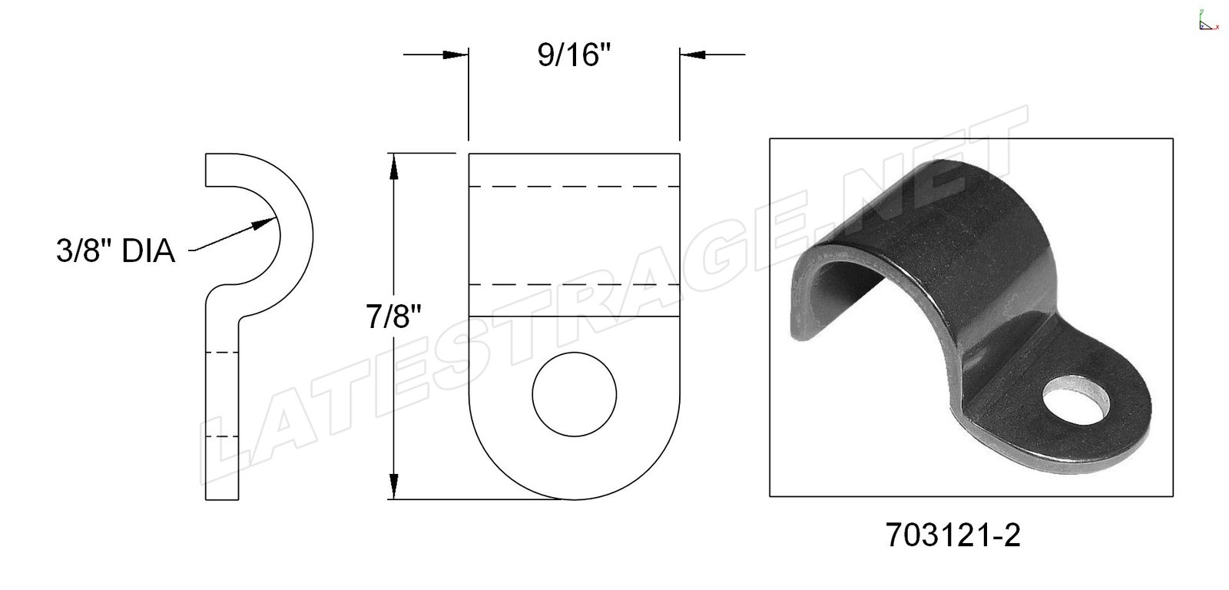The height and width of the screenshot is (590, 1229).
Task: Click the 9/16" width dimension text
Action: tap(574, 55)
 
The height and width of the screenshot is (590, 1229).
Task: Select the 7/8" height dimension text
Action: tap(394, 317)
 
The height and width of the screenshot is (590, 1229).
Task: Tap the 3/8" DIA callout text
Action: tap(116, 251)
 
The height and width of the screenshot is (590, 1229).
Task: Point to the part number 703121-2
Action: tap(953, 535)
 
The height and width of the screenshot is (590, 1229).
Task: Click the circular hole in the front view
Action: tap(574, 395)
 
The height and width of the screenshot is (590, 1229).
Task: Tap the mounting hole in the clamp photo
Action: tap(1076, 400)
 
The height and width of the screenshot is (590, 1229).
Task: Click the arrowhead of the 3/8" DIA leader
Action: tap(263, 223)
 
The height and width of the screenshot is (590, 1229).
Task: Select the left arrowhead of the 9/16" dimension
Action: tap(455, 55)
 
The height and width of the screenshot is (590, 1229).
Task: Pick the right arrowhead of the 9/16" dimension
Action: tap(692, 55)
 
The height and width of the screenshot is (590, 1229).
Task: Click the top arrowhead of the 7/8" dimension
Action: tap(393, 166)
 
